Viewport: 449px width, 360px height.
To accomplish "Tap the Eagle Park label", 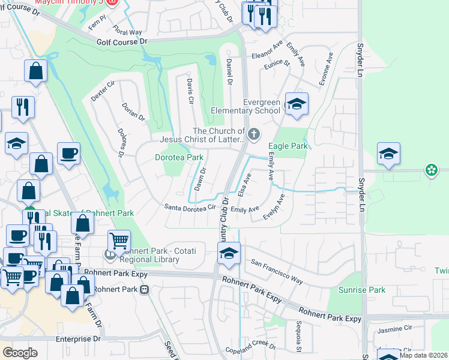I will pos(288,146).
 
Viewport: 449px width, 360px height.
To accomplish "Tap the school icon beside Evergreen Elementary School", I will pos(296,104).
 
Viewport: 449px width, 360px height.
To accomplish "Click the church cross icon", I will pos(254,134).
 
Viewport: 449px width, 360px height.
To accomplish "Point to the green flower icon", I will pos(430,170).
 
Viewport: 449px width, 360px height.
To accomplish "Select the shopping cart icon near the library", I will pos(119,242).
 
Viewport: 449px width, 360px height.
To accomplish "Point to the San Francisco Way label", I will pos(277,271).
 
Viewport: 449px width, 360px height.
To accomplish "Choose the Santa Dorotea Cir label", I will pos(190,208).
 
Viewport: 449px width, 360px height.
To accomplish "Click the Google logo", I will pos(20,352).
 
